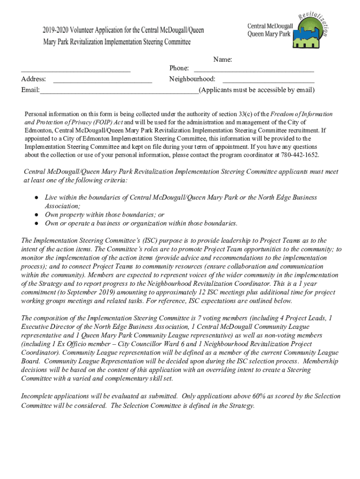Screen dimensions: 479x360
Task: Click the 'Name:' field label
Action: click(x=223, y=59)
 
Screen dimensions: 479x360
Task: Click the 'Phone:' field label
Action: click(x=179, y=69)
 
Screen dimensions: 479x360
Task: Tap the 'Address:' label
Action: click(x=33, y=79)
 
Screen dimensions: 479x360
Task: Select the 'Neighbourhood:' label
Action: click(x=192, y=79)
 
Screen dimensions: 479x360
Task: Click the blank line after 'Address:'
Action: click(x=102, y=81)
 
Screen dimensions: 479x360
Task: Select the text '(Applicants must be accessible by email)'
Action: click(x=257, y=90)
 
